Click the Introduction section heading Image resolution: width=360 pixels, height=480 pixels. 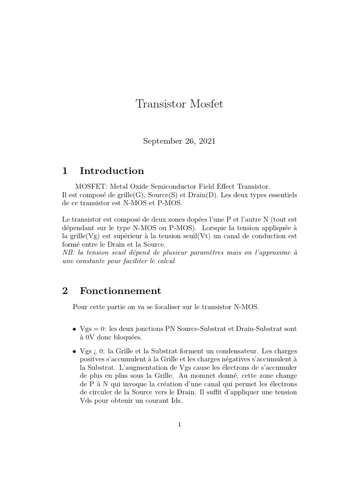[112, 171]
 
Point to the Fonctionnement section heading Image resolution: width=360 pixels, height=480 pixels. [120, 291]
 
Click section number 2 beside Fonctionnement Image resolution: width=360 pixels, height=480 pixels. [65, 291]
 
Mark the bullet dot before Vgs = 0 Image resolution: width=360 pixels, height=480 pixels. [75, 329]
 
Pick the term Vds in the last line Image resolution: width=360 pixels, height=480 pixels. [85, 402]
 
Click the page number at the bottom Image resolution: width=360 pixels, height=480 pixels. [179, 425]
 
